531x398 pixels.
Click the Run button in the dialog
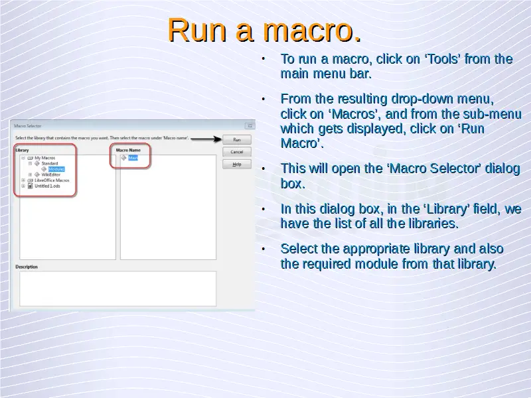(x=237, y=140)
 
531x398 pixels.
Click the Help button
(x=237, y=164)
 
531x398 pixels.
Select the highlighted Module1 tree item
(x=56, y=169)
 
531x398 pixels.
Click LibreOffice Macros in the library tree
(x=52, y=180)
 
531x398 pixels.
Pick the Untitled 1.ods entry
(x=47, y=186)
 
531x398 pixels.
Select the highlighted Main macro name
(x=133, y=158)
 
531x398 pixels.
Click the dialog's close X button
(x=250, y=125)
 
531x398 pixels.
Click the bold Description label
(x=27, y=267)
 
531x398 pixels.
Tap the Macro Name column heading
(x=129, y=150)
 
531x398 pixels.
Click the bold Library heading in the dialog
(x=23, y=150)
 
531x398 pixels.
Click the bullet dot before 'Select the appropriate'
(x=264, y=249)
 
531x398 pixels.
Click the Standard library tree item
(x=50, y=163)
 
